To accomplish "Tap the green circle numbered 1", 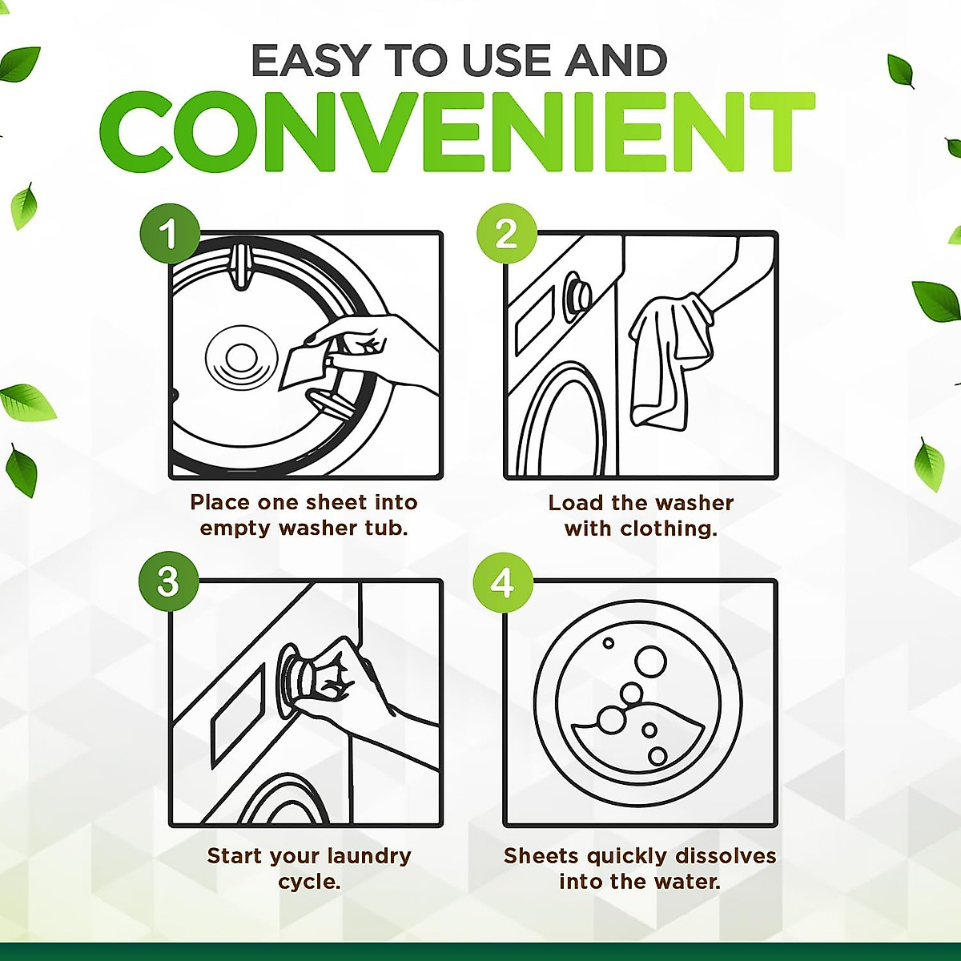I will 168,234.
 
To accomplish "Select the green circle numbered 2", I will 505,234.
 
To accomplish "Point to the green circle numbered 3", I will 167,581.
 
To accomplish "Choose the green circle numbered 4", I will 502,581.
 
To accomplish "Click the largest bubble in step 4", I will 650,661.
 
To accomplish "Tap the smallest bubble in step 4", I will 608,643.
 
